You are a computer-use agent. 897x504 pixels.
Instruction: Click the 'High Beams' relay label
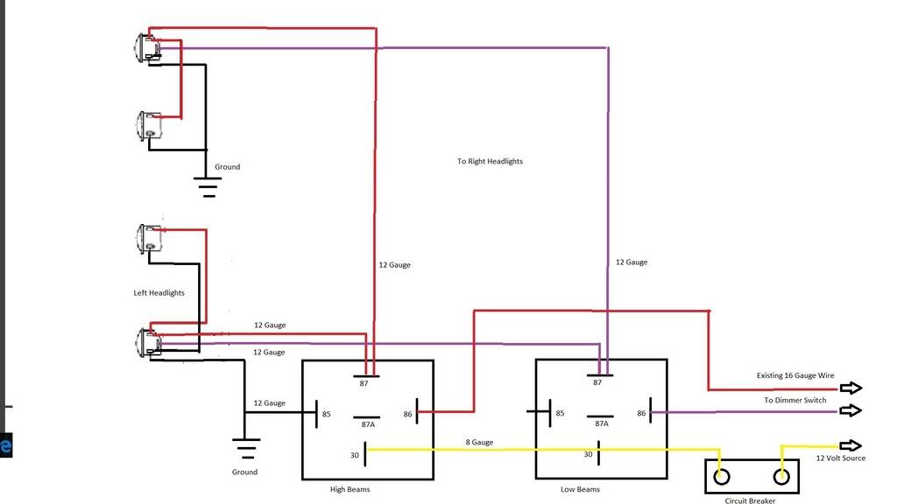click(x=350, y=489)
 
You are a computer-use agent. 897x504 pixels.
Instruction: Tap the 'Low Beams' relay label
click(x=580, y=489)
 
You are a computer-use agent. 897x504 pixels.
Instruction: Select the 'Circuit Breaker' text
click(x=750, y=500)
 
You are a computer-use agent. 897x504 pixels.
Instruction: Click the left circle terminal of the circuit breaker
click(x=722, y=477)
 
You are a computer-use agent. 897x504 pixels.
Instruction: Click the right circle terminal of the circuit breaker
click(x=780, y=477)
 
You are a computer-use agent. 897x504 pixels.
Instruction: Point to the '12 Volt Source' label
click(x=840, y=458)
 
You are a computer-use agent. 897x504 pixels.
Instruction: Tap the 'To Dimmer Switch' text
click(x=795, y=400)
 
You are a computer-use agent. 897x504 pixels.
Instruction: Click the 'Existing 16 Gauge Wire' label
click(x=795, y=375)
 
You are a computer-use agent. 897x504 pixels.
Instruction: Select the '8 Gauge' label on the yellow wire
click(x=479, y=443)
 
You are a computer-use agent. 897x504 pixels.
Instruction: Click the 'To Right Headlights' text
click(x=490, y=162)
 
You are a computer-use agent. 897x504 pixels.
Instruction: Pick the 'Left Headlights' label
click(x=159, y=293)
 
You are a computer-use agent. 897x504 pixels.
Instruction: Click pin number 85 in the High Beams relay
click(x=326, y=414)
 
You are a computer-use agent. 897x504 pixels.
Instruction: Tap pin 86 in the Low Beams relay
click(x=641, y=413)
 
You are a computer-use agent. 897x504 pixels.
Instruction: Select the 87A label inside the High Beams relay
click(x=368, y=424)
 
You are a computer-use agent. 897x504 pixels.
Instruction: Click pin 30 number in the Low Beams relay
click(x=588, y=454)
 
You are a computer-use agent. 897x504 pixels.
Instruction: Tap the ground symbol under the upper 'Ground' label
click(x=208, y=186)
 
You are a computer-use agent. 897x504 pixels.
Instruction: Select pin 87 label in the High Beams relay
click(x=363, y=382)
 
